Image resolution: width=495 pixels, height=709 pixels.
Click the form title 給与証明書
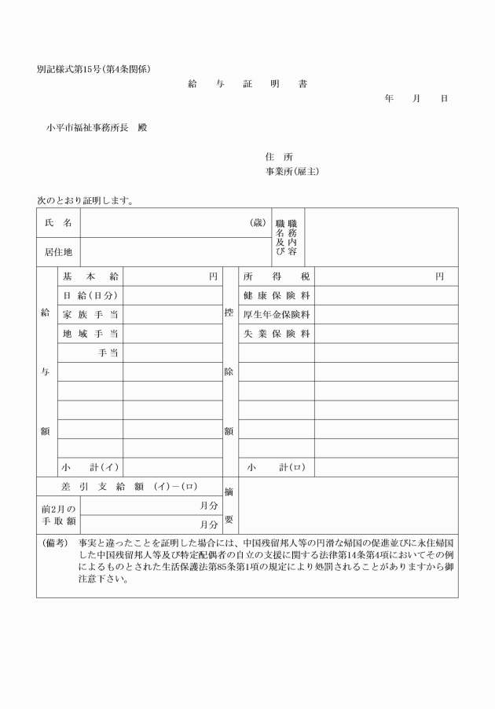(x=247, y=83)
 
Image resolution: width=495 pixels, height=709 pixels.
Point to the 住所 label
(x=279, y=156)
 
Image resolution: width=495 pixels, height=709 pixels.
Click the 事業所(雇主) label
(x=291, y=171)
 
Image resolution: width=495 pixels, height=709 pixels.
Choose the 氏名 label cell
(x=58, y=223)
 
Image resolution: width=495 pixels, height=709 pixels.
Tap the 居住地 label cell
(x=58, y=252)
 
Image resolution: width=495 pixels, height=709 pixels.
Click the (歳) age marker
(x=258, y=223)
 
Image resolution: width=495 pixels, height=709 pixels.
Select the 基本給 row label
(x=90, y=276)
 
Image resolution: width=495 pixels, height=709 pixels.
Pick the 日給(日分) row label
(x=90, y=296)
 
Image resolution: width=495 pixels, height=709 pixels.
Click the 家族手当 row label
(x=90, y=315)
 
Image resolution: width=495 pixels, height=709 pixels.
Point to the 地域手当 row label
(x=90, y=334)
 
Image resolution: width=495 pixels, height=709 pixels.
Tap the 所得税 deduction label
(x=277, y=276)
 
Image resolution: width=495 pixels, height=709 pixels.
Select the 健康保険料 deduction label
(x=277, y=296)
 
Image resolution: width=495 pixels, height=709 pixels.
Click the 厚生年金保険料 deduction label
(x=277, y=315)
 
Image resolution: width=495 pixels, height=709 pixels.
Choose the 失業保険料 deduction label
(x=277, y=334)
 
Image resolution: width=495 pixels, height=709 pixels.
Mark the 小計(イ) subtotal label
(x=90, y=468)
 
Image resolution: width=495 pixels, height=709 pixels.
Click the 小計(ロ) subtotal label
(x=276, y=468)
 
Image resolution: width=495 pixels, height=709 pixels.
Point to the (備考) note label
(x=52, y=543)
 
